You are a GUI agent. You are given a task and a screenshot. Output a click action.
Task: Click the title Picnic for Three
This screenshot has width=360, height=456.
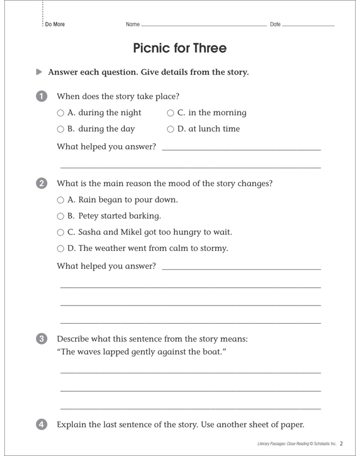click(180, 48)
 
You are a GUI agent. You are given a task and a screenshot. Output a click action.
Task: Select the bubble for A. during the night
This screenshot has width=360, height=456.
click(61, 113)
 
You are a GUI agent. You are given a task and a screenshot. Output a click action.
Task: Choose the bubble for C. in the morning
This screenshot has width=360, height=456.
click(170, 113)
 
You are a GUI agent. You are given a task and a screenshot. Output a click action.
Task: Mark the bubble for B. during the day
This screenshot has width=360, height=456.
click(61, 130)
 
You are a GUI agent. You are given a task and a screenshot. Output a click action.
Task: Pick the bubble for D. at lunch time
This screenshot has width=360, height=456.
click(170, 130)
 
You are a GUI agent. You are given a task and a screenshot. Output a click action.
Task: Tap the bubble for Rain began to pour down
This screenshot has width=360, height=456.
click(61, 200)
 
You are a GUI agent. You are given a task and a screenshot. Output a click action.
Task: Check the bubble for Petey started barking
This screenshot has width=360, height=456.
click(61, 216)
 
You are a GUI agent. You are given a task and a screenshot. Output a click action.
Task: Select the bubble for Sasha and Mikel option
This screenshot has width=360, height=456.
click(61, 233)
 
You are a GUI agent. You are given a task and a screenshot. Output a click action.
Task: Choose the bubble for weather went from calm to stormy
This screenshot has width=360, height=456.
click(61, 249)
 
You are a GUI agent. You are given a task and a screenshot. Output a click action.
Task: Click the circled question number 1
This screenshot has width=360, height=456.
click(41, 96)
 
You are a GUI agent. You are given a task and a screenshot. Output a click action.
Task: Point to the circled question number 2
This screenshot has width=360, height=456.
click(41, 184)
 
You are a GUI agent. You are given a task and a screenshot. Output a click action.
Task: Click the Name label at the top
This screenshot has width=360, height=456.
click(132, 24)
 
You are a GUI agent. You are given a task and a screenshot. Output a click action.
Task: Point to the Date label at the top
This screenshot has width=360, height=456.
click(275, 24)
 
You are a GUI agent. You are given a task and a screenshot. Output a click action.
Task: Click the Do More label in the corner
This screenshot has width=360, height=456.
click(54, 24)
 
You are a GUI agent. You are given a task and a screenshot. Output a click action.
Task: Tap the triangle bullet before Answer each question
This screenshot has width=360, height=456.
click(40, 72)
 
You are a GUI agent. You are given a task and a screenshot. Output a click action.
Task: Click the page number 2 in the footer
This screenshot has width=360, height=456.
click(341, 443)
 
